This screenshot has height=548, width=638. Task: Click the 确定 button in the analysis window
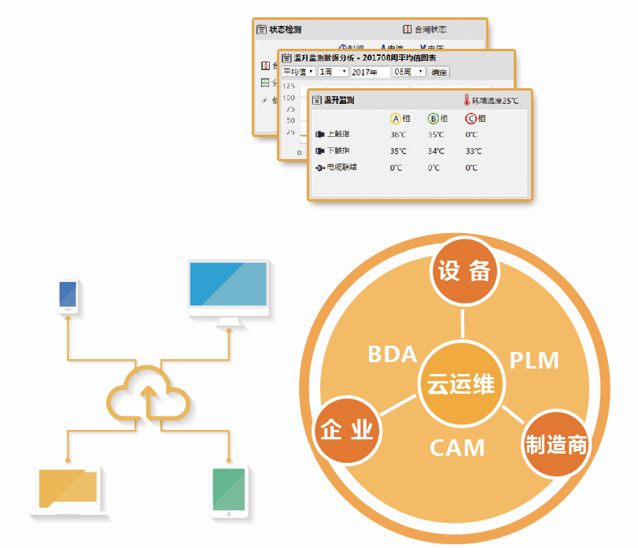[439, 72]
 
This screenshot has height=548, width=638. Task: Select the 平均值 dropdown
[298, 72]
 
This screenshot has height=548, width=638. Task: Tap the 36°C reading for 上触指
[398, 135]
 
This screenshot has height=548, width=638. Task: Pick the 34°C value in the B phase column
[435, 151]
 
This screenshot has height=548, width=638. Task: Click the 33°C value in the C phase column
[472, 151]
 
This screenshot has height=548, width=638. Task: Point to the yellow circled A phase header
[396, 119]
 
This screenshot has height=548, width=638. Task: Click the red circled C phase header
[471, 119]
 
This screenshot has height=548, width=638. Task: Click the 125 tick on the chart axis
[288, 86]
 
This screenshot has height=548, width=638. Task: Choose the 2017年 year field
[368, 72]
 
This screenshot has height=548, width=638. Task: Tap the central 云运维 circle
[461, 383]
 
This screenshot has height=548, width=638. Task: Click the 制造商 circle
[556, 444]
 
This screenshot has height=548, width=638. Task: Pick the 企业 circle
[346, 430]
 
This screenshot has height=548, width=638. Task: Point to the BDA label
[392, 354]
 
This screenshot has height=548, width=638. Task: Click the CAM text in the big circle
[457, 448]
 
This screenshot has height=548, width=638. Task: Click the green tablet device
[229, 491]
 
